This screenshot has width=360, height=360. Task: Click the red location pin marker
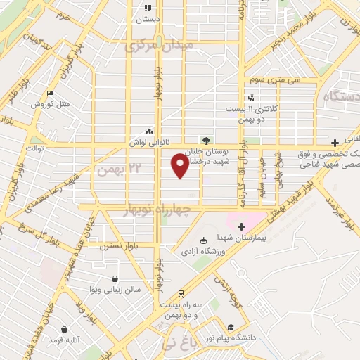pos(180,165)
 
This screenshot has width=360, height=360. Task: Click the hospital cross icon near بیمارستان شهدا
pos(241,226)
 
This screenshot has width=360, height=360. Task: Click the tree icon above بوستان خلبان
pos(206,139)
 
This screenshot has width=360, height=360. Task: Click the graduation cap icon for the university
pos(230,326)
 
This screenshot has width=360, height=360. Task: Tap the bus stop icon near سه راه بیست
pos(181,293)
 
